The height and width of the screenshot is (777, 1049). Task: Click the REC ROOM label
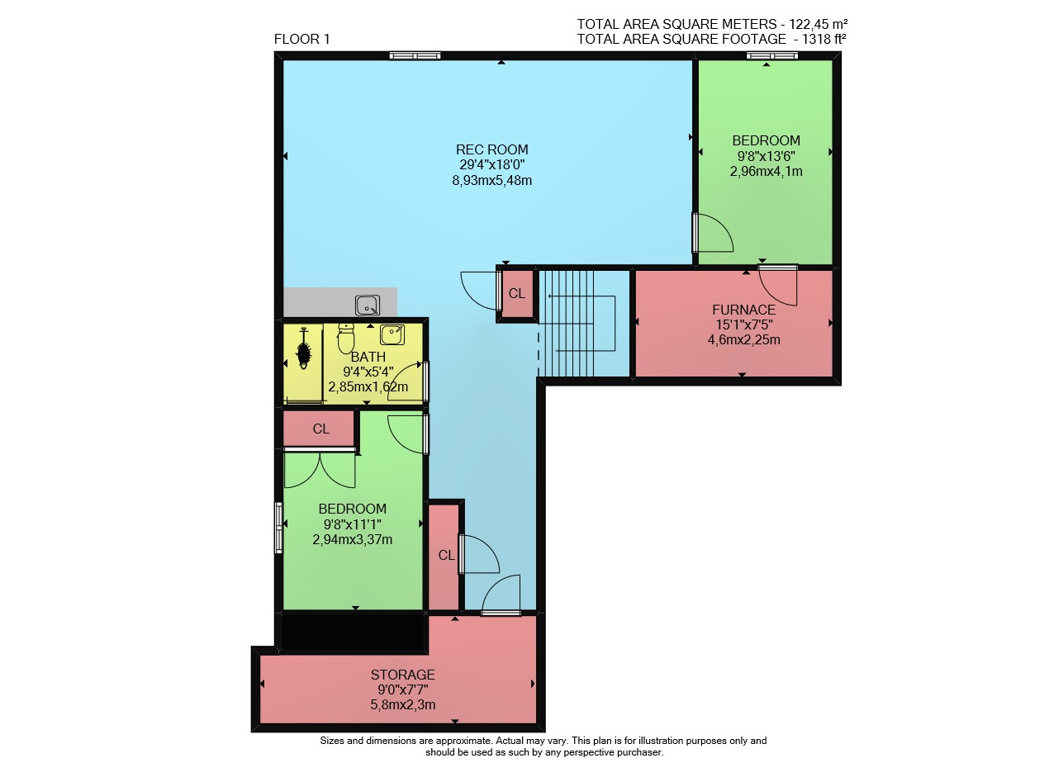[491, 149]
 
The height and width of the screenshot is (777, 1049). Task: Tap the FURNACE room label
[744, 310]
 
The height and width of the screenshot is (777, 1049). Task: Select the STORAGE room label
[402, 675]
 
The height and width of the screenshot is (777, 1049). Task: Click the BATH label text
[368, 357]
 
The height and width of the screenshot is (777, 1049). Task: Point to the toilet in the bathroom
[346, 338]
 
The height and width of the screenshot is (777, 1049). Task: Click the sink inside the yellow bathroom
[392, 334]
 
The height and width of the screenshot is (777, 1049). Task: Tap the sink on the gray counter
[368, 305]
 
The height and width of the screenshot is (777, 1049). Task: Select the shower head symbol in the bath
[303, 348]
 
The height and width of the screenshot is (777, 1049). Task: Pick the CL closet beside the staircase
[517, 294]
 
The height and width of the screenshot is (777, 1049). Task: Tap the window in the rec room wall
[415, 56]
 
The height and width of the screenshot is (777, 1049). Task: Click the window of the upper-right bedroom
[771, 56]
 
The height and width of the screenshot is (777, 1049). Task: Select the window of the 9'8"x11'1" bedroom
[279, 528]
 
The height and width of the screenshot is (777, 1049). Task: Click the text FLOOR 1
[301, 40]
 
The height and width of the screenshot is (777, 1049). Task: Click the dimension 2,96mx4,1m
[767, 171]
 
